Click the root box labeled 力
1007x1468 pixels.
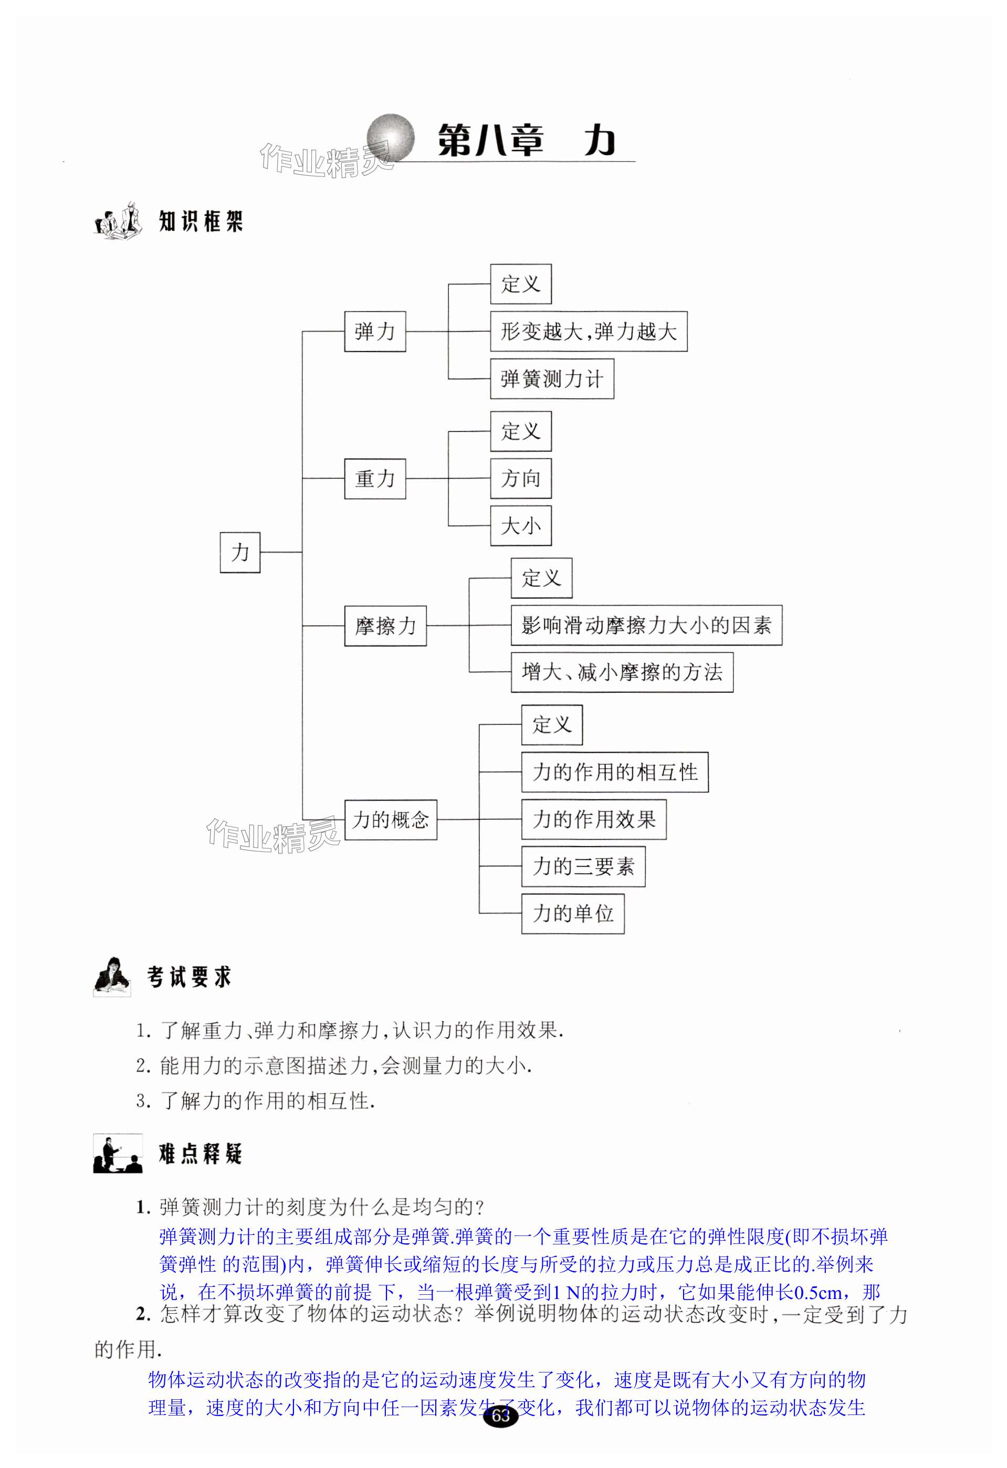[x=239, y=552]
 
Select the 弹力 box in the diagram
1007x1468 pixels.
[x=375, y=331]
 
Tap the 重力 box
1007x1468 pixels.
[x=375, y=479]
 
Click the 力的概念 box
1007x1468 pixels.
[x=391, y=819]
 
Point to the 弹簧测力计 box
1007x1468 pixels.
[x=551, y=379]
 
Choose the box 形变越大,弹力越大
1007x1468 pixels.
[x=588, y=331]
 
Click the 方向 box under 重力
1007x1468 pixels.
[x=520, y=479]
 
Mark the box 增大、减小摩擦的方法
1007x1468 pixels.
[x=622, y=672]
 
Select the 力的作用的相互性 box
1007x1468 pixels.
[x=614, y=772]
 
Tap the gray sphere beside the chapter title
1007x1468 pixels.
[x=391, y=138]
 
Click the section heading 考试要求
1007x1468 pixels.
[x=189, y=977]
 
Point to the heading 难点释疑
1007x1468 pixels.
[x=200, y=1154]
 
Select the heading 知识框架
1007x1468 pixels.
[x=200, y=221]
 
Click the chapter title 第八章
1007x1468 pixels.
[x=490, y=140]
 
